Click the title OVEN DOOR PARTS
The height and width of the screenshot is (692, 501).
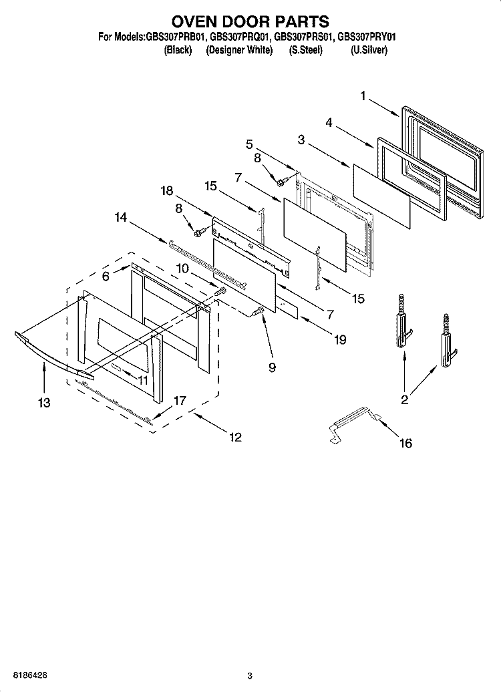coord(250,23)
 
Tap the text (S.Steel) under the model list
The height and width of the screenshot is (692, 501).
coord(305,50)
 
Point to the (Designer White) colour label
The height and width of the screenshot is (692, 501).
coord(239,50)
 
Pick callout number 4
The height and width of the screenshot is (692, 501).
coord(329,122)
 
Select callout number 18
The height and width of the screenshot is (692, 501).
coord(166,191)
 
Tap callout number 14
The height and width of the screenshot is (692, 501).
coord(120,216)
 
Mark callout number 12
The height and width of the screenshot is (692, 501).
coord(234,438)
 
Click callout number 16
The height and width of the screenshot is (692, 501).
coord(405,443)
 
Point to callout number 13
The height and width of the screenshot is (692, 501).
coord(45,403)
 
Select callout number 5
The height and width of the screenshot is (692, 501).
coord(249,143)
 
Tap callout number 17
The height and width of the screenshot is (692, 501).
coord(180,401)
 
